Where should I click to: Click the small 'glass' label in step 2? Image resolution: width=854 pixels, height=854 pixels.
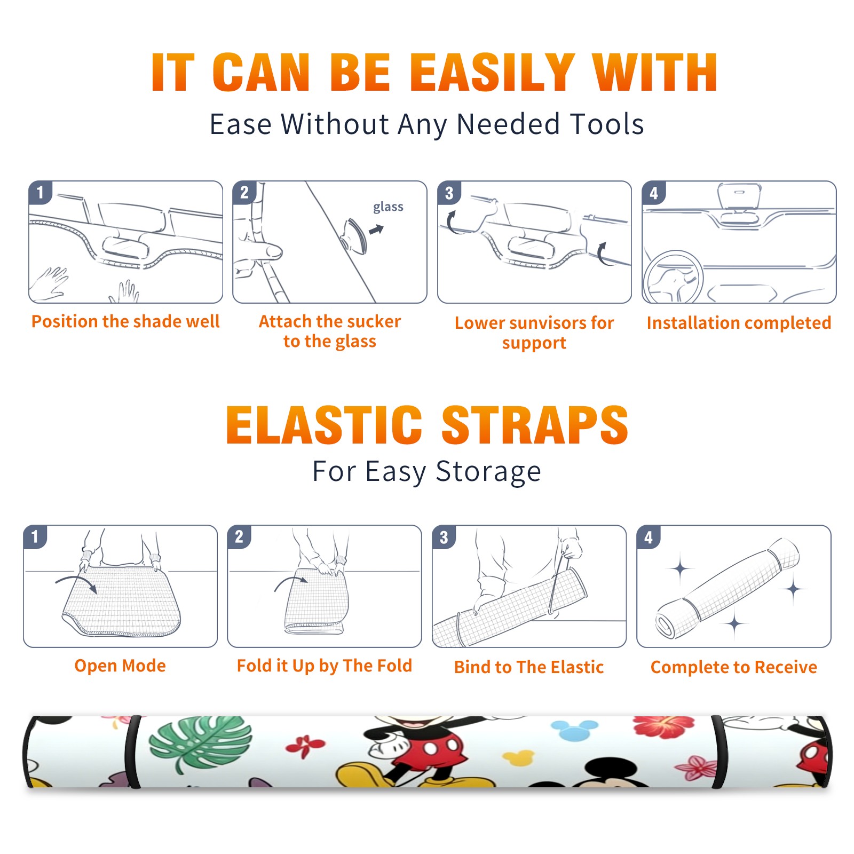[x=388, y=207]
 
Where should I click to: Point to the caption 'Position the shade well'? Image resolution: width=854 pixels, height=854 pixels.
[x=125, y=321]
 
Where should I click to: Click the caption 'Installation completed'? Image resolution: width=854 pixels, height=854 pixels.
[x=739, y=323]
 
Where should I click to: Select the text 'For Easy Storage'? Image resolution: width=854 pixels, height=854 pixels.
[x=427, y=472]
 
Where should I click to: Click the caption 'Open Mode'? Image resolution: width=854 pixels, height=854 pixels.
[x=120, y=666]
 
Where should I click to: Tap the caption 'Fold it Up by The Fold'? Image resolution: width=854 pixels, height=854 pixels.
[x=325, y=666]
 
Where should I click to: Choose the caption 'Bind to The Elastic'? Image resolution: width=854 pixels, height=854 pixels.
[x=529, y=667]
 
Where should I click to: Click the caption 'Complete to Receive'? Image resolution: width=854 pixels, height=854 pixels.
[x=734, y=667]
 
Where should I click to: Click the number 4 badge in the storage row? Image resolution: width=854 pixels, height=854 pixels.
[x=649, y=537]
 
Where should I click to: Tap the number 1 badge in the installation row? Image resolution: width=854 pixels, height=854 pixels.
[x=40, y=192]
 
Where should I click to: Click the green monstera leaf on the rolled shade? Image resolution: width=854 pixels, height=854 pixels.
[x=200, y=744]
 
